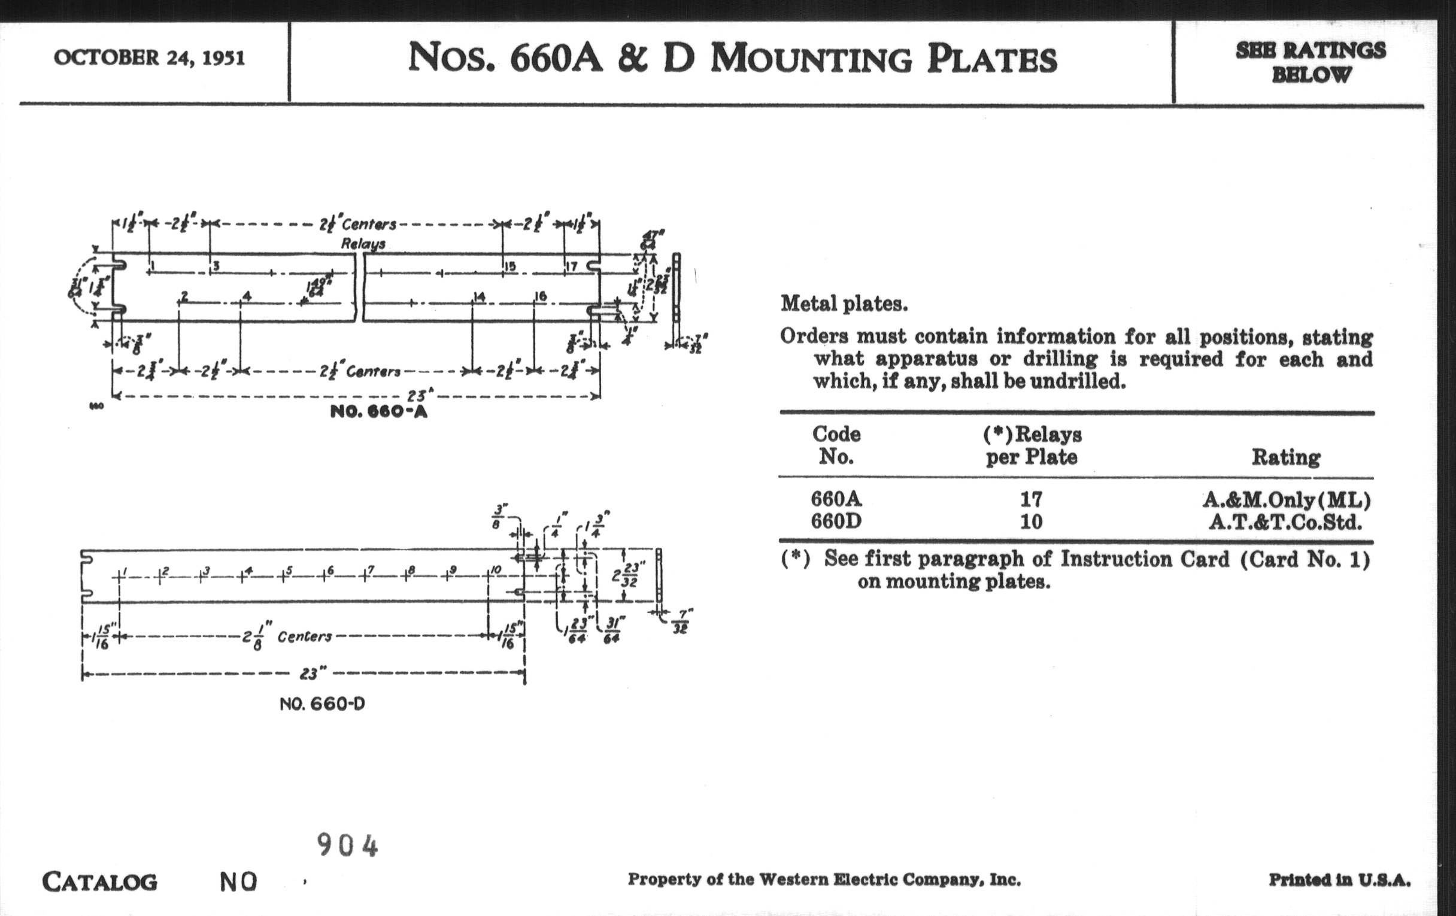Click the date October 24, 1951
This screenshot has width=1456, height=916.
point(149,58)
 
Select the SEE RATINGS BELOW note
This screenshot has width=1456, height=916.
point(1311,62)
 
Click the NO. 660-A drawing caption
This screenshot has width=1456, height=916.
point(378,412)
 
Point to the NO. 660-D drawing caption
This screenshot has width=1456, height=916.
point(322,704)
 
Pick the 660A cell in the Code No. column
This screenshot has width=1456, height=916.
point(836,499)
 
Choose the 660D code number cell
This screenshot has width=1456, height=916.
point(836,521)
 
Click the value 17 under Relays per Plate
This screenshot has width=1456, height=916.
point(1031,499)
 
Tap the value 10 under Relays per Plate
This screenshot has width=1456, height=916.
point(1031,521)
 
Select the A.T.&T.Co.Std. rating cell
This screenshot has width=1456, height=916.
point(1285,522)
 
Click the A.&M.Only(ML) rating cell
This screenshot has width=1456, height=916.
point(1285,500)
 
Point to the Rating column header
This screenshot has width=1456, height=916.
point(1285,457)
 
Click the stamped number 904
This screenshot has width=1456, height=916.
point(348,845)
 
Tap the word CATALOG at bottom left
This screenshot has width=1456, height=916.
point(100,882)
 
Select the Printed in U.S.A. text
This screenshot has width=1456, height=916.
point(1339,879)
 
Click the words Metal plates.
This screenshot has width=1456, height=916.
point(844,304)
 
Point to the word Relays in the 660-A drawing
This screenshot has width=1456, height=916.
point(363,244)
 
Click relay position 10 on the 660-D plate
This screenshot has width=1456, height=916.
point(496,569)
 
